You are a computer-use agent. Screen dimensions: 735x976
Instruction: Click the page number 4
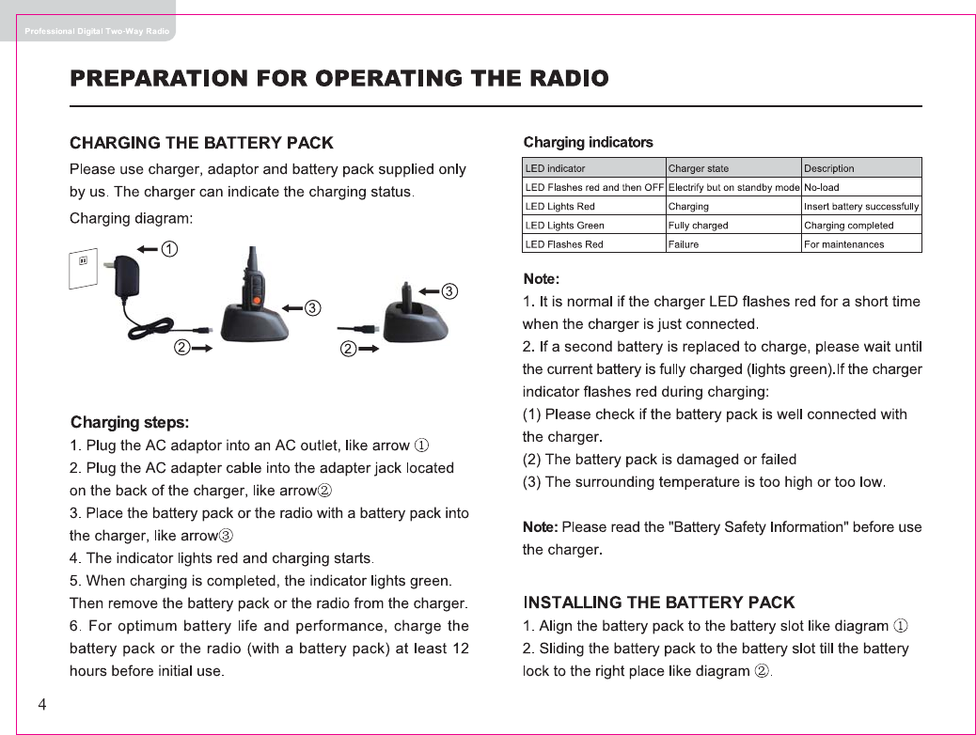pyautogui.click(x=42, y=705)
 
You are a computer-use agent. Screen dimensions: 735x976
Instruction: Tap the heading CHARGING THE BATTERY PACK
pyautogui.click(x=201, y=143)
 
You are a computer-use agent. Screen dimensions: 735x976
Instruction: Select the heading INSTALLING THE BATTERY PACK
pyautogui.click(x=658, y=602)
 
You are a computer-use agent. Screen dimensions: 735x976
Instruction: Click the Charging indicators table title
pyautogui.click(x=588, y=143)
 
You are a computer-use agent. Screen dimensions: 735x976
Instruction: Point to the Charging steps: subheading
pyautogui.click(x=130, y=422)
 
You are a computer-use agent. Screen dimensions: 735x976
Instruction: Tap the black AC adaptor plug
pyautogui.click(x=125, y=277)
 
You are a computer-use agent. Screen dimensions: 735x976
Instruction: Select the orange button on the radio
pyautogui.click(x=256, y=298)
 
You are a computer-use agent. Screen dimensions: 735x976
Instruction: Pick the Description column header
pyautogui.click(x=828, y=169)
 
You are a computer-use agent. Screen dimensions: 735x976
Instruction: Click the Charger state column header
pyautogui.click(x=698, y=169)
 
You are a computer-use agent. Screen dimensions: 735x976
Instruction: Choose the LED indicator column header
pyautogui.click(x=555, y=169)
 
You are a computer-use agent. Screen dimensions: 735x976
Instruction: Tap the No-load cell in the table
pyautogui.click(x=821, y=188)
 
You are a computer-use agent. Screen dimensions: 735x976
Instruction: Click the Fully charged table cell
pyautogui.click(x=698, y=226)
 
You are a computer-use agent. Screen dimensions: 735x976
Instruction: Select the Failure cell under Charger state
pyautogui.click(x=684, y=244)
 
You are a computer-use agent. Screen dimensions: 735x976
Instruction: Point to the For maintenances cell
pyautogui.click(x=843, y=244)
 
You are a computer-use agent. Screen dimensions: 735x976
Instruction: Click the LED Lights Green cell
pyautogui.click(x=564, y=226)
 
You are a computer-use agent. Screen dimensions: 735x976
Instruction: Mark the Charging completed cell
pyautogui.click(x=848, y=226)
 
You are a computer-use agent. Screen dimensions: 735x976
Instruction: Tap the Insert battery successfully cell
pyautogui.click(x=861, y=207)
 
